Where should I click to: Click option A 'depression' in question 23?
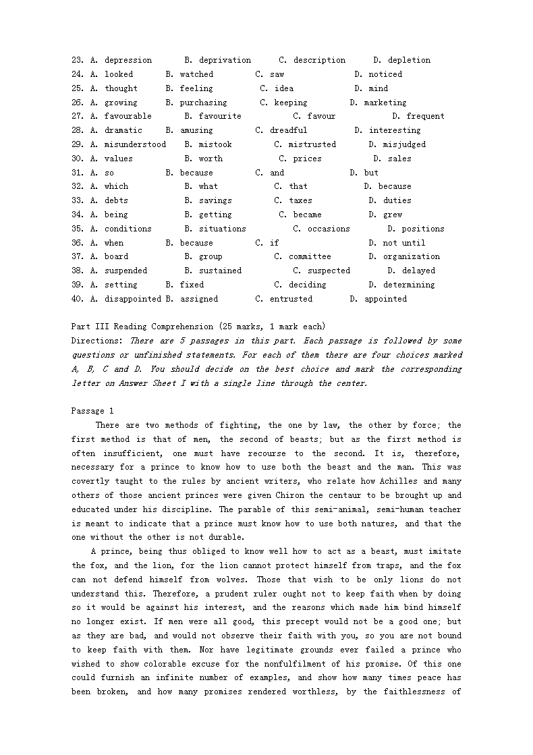click(x=128, y=60)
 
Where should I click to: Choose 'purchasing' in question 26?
click(x=203, y=103)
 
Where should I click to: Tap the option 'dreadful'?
click(x=288, y=130)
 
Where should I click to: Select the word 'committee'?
click(x=310, y=256)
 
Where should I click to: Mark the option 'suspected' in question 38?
click(x=329, y=271)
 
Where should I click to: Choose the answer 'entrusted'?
click(x=291, y=299)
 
